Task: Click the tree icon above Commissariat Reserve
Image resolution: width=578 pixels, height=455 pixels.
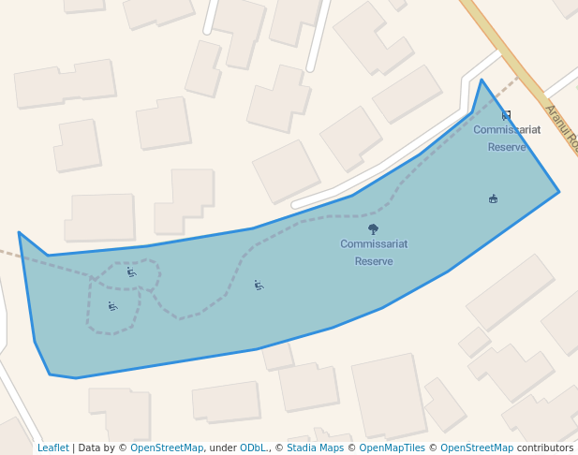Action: (x=373, y=228)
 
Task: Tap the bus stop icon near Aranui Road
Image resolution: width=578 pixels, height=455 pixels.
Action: (x=507, y=115)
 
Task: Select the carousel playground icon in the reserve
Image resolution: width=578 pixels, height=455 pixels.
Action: (x=493, y=198)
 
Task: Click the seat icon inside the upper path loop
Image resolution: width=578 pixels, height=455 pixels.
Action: (x=131, y=272)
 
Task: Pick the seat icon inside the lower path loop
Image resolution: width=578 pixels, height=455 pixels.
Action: (x=112, y=306)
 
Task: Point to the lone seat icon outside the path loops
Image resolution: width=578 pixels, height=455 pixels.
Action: (x=259, y=285)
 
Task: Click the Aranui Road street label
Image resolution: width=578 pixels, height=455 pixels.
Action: (x=561, y=128)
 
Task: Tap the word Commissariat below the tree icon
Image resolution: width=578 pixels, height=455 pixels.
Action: (x=374, y=244)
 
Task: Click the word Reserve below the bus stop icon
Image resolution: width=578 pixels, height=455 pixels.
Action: (x=507, y=147)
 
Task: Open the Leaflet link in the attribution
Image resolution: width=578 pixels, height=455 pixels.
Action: (x=52, y=448)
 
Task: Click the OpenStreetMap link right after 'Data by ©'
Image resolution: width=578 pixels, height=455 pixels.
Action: (x=167, y=448)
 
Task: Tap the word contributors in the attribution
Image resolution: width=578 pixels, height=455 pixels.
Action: (x=544, y=448)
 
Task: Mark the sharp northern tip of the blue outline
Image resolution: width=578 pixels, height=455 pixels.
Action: (x=482, y=80)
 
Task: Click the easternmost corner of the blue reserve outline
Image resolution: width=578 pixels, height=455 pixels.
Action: (x=559, y=192)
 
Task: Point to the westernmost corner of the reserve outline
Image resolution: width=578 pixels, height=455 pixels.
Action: (x=19, y=232)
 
